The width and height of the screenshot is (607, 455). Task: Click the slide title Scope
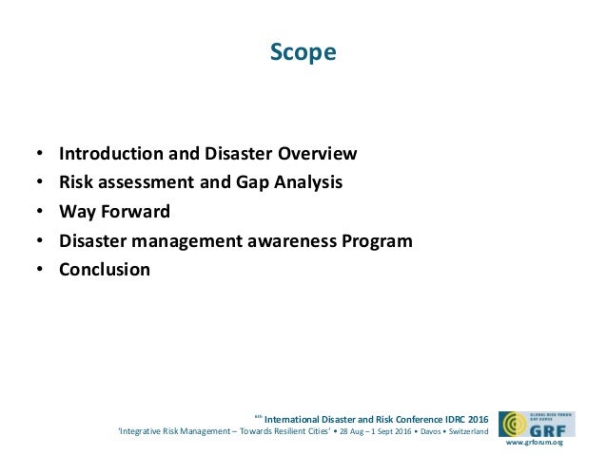303,52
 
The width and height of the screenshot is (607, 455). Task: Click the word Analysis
306,182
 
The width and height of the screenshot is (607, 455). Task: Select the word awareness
284,240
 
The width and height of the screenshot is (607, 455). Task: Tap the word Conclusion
105,270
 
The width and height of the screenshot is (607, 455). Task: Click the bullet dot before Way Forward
39,212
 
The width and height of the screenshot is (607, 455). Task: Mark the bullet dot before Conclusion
39,270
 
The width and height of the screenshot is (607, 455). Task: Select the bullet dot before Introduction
39,154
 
